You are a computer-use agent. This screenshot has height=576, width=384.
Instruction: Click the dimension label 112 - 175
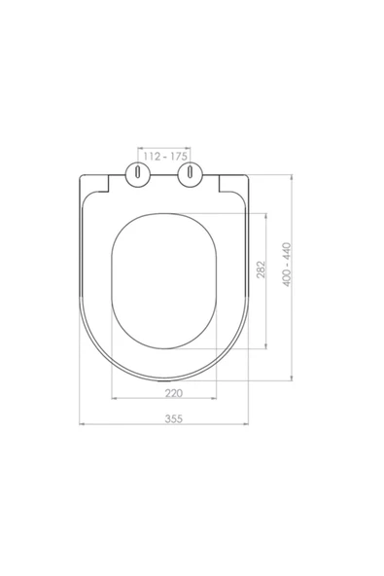pyautogui.click(x=165, y=157)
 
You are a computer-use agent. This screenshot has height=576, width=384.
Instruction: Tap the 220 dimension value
pyautogui.click(x=174, y=393)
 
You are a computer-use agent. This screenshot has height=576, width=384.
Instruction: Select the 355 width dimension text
pyautogui.click(x=174, y=418)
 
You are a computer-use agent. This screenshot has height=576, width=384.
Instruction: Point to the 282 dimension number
pyautogui.click(x=261, y=270)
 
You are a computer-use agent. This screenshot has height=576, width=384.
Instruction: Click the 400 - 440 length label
pyautogui.click(x=287, y=265)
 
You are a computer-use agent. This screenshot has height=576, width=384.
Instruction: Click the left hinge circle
pyautogui.click(x=138, y=174)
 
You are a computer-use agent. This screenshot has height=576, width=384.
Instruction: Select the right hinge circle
pyautogui.click(x=190, y=174)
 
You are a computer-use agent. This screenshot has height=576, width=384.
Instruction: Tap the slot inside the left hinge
pyautogui.click(x=138, y=172)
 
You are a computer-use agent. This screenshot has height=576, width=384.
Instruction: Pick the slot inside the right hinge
pyautogui.click(x=190, y=172)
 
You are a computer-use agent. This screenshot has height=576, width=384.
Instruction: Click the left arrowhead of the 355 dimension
pyautogui.click(x=82, y=424)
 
